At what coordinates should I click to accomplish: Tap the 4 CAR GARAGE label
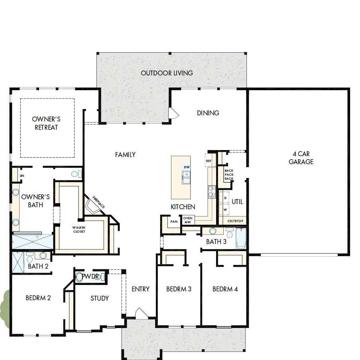pyautogui.click(x=301, y=158)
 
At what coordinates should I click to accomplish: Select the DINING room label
pyautogui.click(x=208, y=113)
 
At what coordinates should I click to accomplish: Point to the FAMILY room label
pyautogui.click(x=125, y=154)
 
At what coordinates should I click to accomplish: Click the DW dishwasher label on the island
pyautogui.click(x=187, y=166)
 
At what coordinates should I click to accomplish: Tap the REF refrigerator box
pyautogui.click(x=209, y=161)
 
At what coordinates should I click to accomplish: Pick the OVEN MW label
pyautogui.click(x=187, y=220)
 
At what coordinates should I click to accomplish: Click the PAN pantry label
pyautogui.click(x=174, y=221)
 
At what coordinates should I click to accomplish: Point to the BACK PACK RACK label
pyautogui.click(x=229, y=174)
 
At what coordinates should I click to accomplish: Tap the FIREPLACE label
pyautogui.click(x=98, y=202)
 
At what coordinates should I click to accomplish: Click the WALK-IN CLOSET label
pyautogui.click(x=79, y=229)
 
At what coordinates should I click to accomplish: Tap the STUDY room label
pyautogui.click(x=100, y=298)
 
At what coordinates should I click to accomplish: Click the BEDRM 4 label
pyautogui.click(x=225, y=289)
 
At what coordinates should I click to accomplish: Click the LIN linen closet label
pyautogui.click(x=22, y=176)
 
